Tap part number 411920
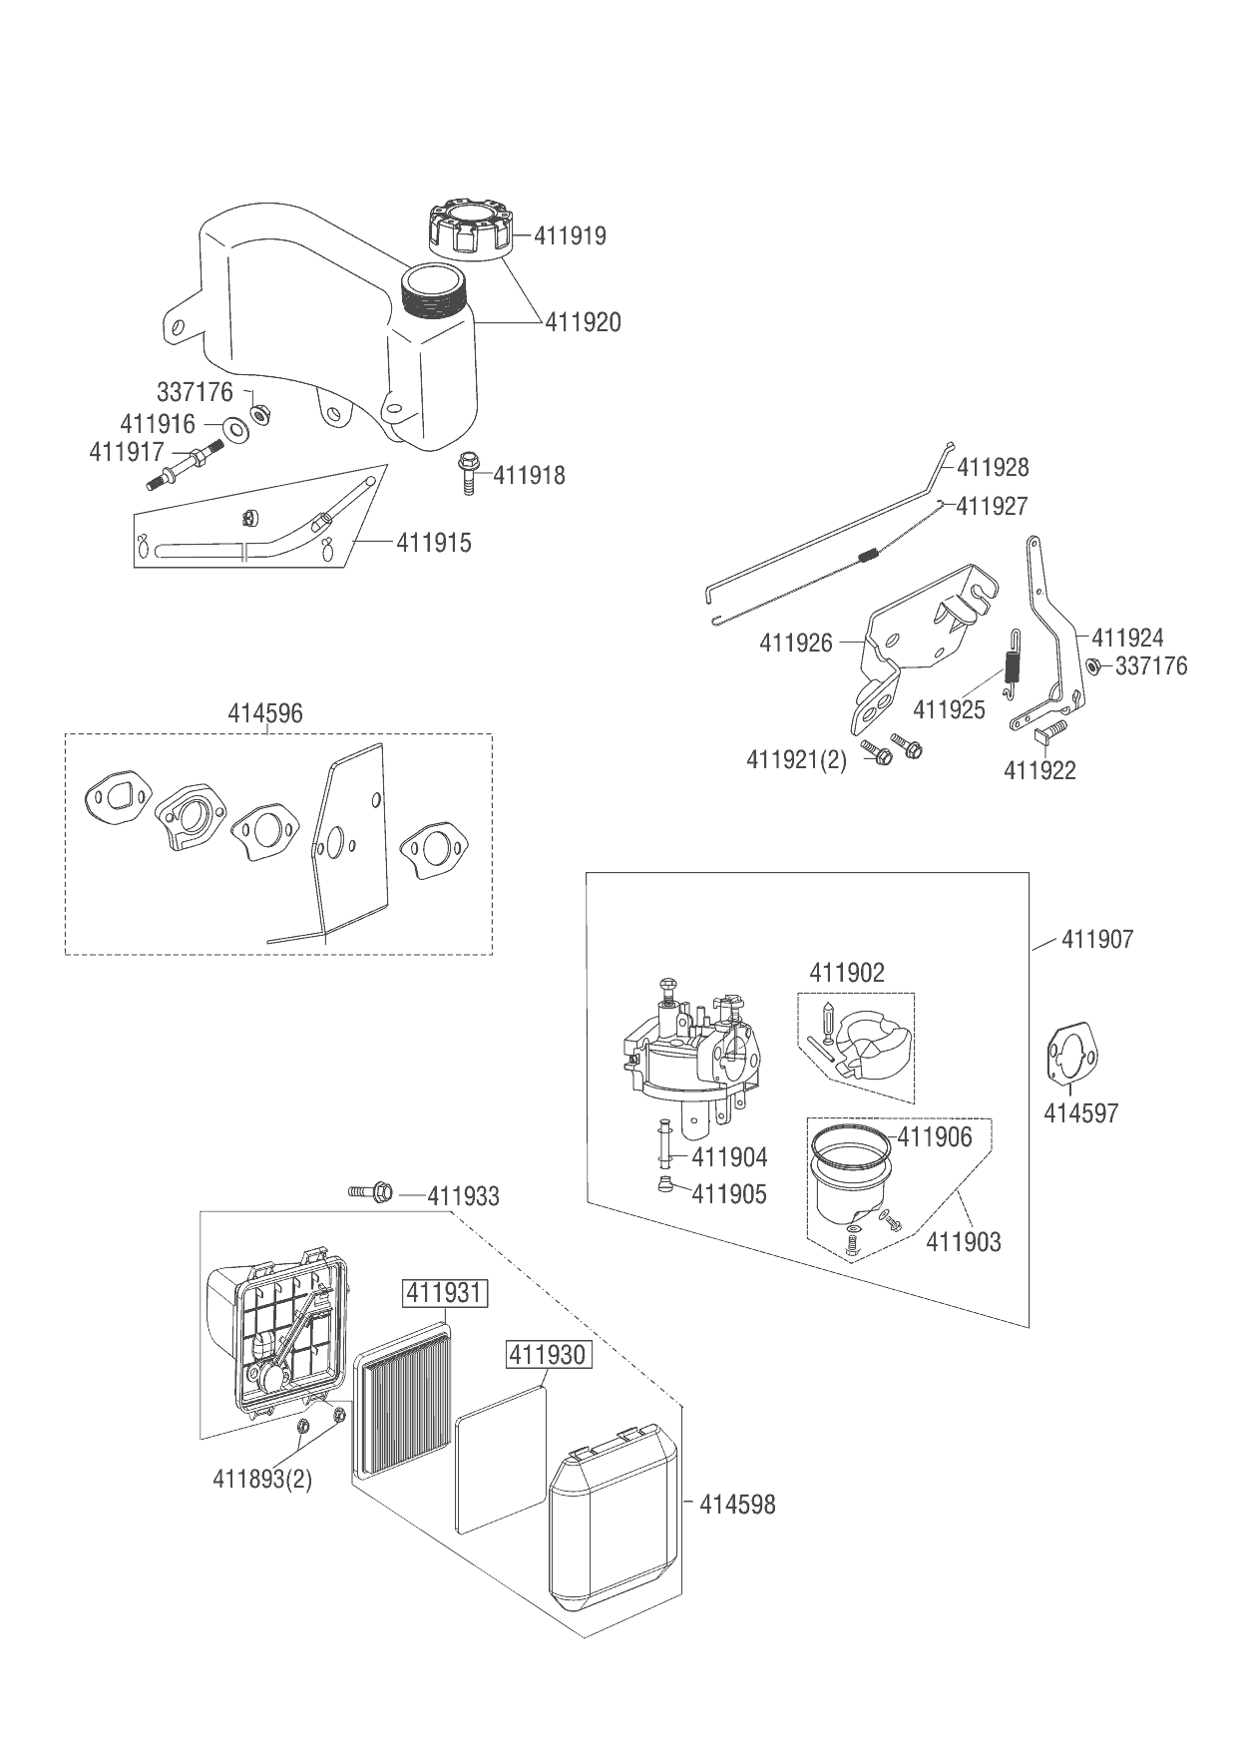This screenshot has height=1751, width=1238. coord(583,322)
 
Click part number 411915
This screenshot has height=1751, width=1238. coord(434,543)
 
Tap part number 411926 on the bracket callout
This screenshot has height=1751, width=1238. coord(795,643)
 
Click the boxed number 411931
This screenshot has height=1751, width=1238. coord(443,1294)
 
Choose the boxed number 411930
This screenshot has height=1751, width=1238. coord(548,1354)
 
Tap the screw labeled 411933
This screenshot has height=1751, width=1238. coord(372,1192)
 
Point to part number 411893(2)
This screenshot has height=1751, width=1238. coord(262,1479)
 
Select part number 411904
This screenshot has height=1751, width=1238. coord(729,1157)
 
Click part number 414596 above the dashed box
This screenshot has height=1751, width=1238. coord(265,714)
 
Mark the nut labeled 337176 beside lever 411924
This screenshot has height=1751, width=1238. coord(1092,666)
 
